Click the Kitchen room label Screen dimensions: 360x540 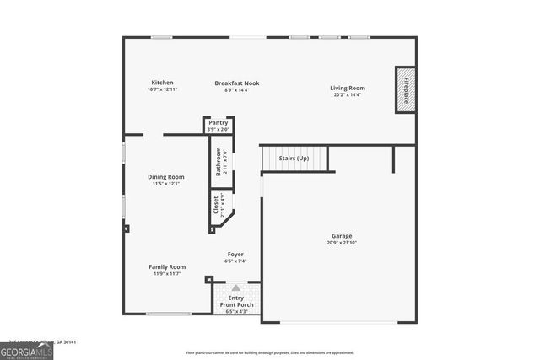coord(162,83)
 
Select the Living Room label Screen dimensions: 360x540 coord(347,88)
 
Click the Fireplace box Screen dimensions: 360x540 coord(405,90)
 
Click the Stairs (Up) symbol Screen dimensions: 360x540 coord(293,159)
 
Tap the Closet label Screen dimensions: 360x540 coord(217,206)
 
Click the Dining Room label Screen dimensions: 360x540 coord(165,177)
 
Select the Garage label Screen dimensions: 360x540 coord(342,236)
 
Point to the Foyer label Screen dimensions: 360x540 coord(235,255)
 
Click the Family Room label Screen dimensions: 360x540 coord(165,266)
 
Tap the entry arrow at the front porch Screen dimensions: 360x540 coord(236,287)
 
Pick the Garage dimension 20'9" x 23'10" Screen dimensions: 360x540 coord(342,243)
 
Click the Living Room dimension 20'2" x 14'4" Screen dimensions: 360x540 coord(347,94)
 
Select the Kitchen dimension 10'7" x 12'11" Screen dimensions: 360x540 coord(162,89)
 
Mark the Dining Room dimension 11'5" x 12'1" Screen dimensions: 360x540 coord(165,184)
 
